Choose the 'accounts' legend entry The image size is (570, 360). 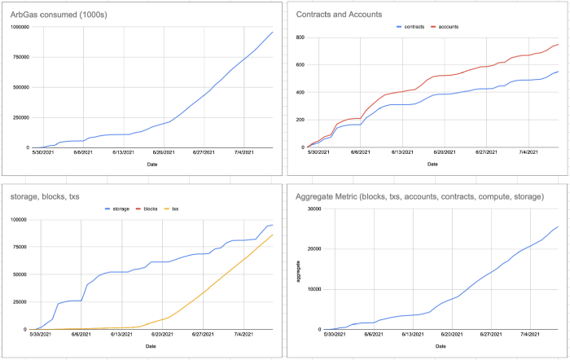(460, 27)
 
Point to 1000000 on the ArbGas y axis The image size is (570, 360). (19, 28)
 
